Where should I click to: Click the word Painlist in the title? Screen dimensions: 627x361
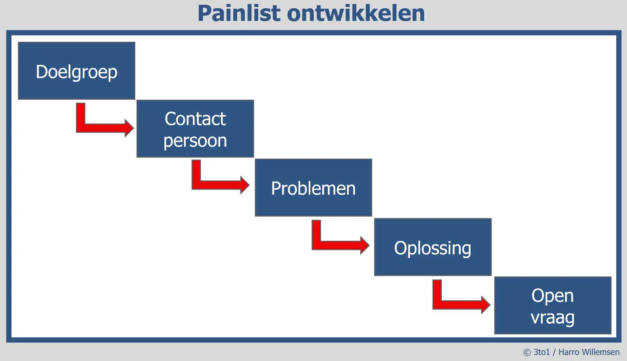(x=239, y=13)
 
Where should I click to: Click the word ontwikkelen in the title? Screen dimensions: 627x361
(x=356, y=13)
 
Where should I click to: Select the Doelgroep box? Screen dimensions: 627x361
(x=76, y=71)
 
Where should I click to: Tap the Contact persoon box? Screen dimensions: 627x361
(x=195, y=129)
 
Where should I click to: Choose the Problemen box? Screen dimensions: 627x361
(x=313, y=187)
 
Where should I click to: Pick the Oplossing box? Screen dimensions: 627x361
(x=433, y=247)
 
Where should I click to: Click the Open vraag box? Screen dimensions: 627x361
(x=553, y=305)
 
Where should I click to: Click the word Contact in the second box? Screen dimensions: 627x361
(x=195, y=119)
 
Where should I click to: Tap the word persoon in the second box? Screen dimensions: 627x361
(x=195, y=141)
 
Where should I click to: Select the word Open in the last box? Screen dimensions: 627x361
(x=553, y=296)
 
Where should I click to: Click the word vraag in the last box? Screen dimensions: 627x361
(x=553, y=318)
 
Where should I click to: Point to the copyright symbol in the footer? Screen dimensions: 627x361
(x=527, y=352)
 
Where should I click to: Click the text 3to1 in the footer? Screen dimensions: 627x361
(x=542, y=352)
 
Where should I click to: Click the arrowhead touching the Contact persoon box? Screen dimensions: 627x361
(x=129, y=128)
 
